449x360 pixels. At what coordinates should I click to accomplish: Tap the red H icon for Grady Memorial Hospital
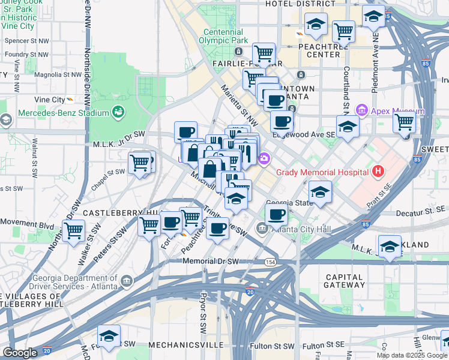point(378,172)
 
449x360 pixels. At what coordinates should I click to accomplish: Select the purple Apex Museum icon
point(361,111)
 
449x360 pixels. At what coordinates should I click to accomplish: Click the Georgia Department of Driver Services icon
point(127,280)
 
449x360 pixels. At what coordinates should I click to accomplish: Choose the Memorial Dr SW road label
point(211,262)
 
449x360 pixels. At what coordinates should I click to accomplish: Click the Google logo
point(20,353)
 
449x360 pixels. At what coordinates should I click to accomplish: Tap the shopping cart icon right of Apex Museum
point(405,122)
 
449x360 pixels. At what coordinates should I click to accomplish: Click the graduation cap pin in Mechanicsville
point(109,336)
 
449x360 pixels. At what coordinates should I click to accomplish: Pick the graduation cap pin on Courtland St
point(348,126)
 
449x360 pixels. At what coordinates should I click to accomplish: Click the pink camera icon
point(264,158)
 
